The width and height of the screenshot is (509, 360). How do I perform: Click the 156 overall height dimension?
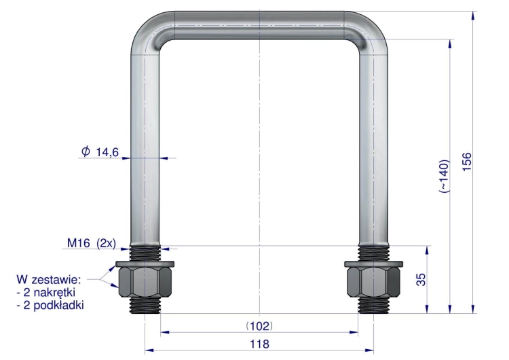click(466, 162)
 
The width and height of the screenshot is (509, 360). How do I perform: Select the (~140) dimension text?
click(444, 176)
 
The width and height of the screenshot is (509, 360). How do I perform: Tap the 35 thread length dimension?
click(421, 279)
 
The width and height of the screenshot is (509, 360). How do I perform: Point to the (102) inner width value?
click(259, 325)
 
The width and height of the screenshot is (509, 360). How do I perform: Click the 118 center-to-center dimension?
click(259, 344)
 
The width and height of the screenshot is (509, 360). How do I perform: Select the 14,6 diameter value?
click(107, 151)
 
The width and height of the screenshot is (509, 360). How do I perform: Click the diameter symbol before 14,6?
click(86, 151)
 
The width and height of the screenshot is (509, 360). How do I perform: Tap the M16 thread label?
click(79, 242)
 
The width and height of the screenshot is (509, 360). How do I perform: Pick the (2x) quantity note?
click(106, 243)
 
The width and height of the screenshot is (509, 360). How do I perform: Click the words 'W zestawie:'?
click(48, 279)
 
